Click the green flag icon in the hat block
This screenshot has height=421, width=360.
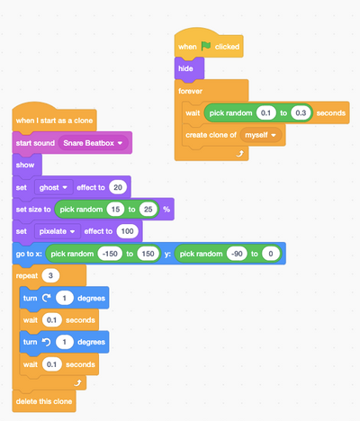pos(205,46)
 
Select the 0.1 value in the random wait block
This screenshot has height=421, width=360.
pos(266,113)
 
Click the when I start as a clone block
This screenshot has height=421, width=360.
pos(55,120)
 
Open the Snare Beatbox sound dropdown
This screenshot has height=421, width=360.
pos(94,143)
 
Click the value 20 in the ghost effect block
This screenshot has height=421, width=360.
pos(118,188)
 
